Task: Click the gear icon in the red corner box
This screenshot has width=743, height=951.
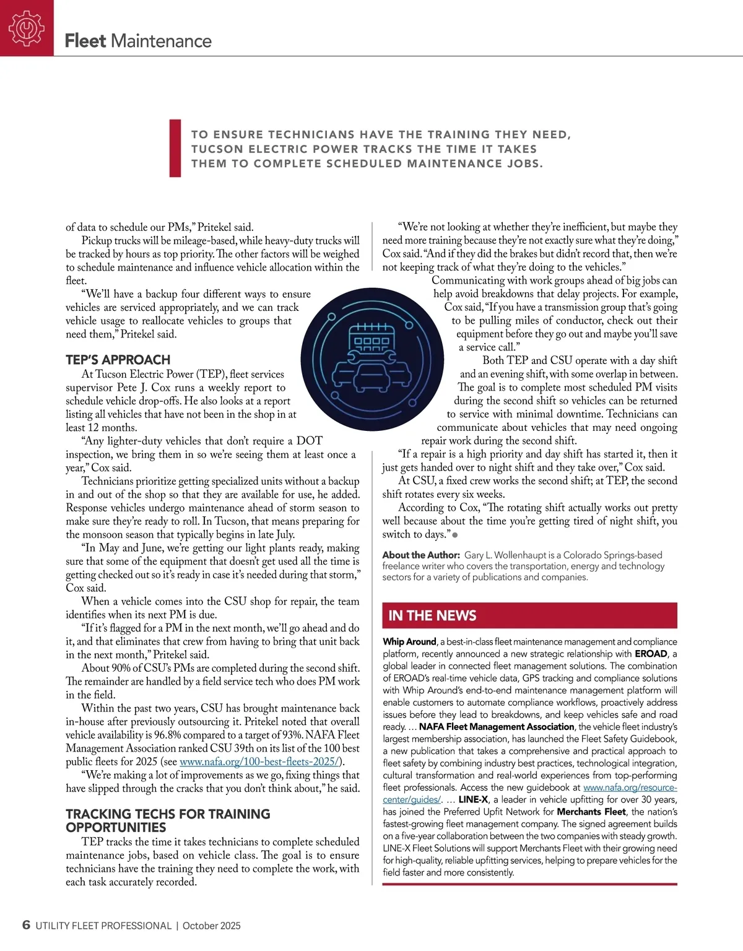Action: (x=27, y=28)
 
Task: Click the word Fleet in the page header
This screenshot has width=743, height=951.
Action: (x=85, y=41)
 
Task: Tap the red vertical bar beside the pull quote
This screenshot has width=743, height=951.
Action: (x=175, y=149)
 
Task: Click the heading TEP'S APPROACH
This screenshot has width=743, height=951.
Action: (x=118, y=360)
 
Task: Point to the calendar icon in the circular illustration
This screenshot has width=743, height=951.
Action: (x=369, y=337)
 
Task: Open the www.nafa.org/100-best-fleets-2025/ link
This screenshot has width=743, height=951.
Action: (x=260, y=762)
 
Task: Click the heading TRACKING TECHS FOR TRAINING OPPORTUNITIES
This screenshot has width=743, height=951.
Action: (x=168, y=820)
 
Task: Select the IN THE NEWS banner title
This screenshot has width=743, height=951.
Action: (x=432, y=615)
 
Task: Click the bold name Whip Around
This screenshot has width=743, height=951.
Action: (x=409, y=641)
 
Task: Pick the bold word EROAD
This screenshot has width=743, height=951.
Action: (x=651, y=654)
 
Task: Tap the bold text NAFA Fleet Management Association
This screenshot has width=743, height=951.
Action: (x=497, y=727)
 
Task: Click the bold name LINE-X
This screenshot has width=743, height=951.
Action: (x=473, y=800)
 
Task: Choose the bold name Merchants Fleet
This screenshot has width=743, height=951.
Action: (x=591, y=812)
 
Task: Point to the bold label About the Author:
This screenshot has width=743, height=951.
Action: (x=421, y=555)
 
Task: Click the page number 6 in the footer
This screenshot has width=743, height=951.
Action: (x=26, y=925)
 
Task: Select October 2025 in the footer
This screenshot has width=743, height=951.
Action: (x=212, y=926)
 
